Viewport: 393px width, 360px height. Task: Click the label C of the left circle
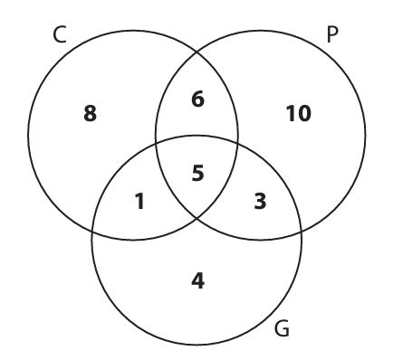pos(60,35)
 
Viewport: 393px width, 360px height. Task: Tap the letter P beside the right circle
pos(332,35)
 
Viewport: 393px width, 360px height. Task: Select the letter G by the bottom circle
pos(283,328)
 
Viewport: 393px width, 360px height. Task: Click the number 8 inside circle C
pos(91,114)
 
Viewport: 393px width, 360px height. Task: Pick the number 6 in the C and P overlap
pos(197,99)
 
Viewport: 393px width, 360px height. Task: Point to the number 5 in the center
pos(198,174)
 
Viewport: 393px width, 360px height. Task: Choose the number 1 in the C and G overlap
pos(139,202)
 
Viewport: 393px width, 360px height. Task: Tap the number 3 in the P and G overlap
pos(260,202)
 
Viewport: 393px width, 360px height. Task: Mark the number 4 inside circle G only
pos(198,281)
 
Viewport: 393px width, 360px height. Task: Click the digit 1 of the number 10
pos(291,114)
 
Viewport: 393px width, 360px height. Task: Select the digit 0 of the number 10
pos(304,114)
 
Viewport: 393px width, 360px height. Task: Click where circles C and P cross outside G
pos(197,52)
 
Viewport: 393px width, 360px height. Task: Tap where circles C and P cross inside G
pos(196,218)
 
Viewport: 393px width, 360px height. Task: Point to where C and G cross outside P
pos(92,232)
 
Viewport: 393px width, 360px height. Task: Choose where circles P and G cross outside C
pos(302,232)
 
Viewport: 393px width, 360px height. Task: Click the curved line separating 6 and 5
pos(196,136)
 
